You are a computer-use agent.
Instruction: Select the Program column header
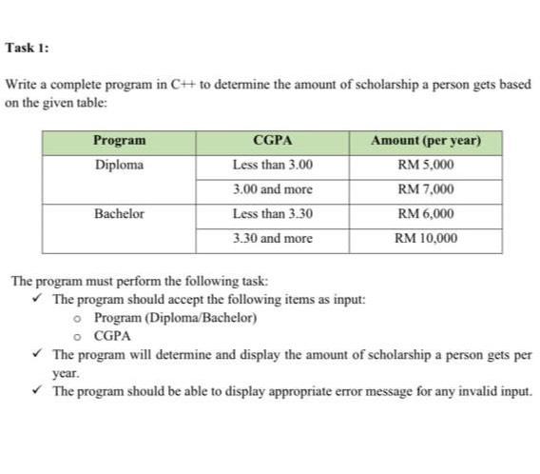click(120, 141)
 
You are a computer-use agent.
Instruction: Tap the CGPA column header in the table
click(272, 141)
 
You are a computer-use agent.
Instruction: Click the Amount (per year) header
click(426, 141)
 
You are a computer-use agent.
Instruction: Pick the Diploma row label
click(120, 165)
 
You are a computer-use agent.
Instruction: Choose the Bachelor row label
click(120, 214)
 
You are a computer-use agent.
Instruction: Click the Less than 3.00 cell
click(272, 165)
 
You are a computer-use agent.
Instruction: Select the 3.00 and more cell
click(272, 189)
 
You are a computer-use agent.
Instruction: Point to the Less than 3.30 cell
click(272, 214)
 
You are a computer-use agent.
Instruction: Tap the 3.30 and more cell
click(272, 238)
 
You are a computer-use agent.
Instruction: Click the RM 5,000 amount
click(426, 165)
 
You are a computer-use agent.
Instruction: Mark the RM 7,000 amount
click(426, 189)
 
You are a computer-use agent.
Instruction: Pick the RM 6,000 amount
click(426, 214)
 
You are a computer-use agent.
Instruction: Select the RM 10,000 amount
click(426, 238)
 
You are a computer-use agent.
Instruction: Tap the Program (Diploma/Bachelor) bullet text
click(176, 317)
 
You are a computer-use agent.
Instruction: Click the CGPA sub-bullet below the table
click(112, 335)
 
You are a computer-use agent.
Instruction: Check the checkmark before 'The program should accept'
click(40, 299)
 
